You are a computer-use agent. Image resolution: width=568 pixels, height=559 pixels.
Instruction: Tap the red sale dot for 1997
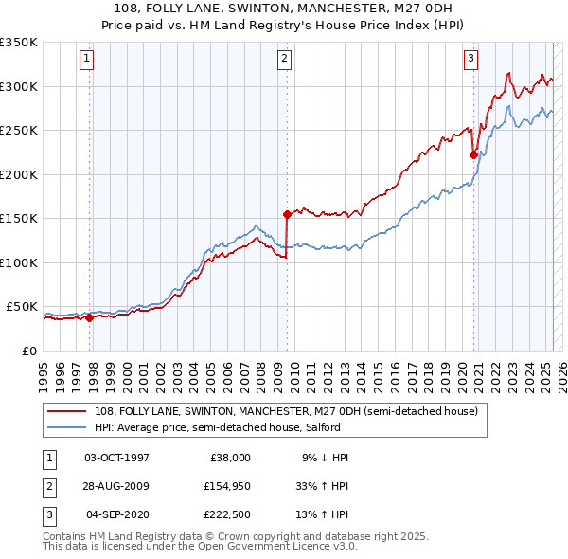point(90,318)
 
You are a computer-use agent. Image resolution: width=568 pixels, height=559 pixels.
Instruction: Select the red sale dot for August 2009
point(287,214)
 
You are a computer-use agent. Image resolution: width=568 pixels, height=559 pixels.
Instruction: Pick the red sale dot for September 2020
point(473,155)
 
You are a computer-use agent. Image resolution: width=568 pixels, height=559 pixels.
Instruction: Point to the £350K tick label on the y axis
point(19,43)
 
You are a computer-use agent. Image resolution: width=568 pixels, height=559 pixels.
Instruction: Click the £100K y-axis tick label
point(19,262)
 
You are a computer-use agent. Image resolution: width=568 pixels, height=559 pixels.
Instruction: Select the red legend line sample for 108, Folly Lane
point(67,411)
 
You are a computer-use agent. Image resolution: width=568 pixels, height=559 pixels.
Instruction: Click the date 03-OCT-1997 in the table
point(117,458)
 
